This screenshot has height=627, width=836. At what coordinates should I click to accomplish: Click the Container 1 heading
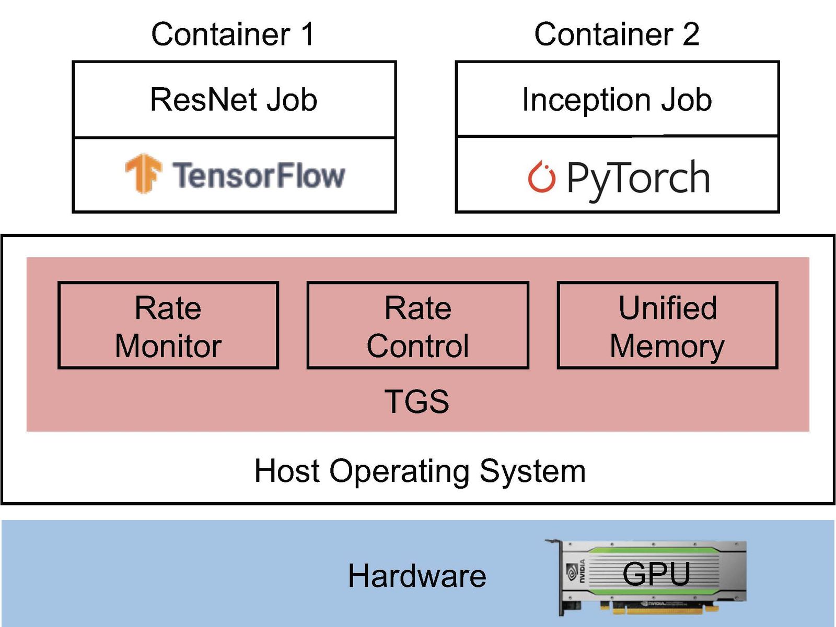(x=233, y=34)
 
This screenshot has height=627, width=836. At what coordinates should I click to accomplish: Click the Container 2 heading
(x=617, y=34)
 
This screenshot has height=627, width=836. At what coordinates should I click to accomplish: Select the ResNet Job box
(x=234, y=100)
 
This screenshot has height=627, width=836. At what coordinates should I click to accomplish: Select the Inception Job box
(x=617, y=99)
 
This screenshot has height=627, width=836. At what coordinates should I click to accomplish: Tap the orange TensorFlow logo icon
(x=142, y=173)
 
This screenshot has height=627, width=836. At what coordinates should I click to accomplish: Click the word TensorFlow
(x=259, y=175)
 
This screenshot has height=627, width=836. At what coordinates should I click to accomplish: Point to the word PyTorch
(x=638, y=179)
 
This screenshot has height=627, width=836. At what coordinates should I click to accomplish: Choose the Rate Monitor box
(x=168, y=326)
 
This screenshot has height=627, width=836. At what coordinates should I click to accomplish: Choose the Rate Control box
(x=418, y=326)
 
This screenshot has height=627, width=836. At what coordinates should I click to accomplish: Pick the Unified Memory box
(x=668, y=326)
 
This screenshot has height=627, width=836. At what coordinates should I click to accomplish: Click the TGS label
(x=417, y=401)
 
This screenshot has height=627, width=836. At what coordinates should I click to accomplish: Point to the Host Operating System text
(x=420, y=471)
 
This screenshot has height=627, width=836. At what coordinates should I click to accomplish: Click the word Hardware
(x=417, y=576)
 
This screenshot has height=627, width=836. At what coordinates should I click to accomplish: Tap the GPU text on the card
(x=656, y=574)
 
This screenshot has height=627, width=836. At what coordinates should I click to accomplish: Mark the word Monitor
(x=168, y=346)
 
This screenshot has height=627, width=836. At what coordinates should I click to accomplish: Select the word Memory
(x=667, y=346)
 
